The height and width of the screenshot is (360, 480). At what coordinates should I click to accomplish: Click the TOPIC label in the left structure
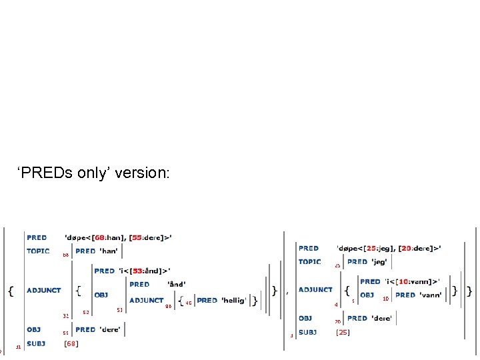point(38,251)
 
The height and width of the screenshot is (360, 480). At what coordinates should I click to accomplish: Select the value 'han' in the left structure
point(109,251)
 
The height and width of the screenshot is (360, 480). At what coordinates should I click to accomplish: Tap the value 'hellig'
point(233,301)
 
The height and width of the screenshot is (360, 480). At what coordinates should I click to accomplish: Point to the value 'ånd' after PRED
point(176,285)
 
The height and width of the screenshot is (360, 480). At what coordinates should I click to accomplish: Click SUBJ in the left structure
point(36,343)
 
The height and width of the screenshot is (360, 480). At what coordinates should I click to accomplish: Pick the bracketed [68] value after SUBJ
point(71,344)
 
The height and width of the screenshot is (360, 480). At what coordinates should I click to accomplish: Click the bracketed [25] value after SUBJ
point(343,332)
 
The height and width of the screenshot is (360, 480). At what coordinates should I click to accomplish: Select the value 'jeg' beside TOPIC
point(379,262)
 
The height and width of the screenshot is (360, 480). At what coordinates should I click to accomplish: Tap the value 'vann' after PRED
point(430,295)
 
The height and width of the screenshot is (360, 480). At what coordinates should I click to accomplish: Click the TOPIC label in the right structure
point(310,262)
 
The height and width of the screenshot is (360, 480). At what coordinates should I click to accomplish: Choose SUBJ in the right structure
point(308,332)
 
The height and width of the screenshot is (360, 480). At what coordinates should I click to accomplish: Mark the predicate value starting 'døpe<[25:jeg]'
point(389,248)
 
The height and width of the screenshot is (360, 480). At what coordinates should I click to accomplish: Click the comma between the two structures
point(287,292)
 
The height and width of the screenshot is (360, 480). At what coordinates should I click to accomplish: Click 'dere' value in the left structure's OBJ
point(110,329)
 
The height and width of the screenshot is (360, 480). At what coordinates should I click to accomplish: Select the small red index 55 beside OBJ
point(66,333)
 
